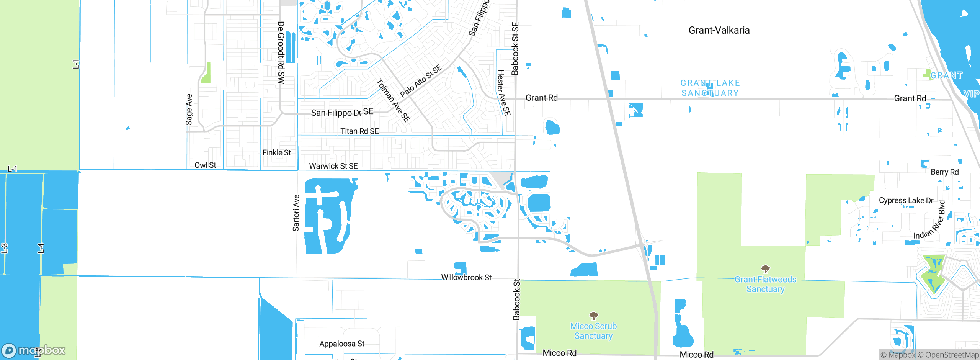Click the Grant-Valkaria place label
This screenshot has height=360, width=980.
[x=719, y=30]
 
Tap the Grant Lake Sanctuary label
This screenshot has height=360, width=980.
[x=710, y=88]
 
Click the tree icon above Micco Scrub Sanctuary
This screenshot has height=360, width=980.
[x=593, y=316]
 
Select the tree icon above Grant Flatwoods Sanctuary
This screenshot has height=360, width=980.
[x=765, y=269]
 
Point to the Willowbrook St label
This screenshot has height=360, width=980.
[x=466, y=277]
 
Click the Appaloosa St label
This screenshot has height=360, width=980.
[x=342, y=344]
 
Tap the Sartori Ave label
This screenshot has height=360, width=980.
[x=296, y=213]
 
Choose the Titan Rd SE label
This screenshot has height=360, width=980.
[x=359, y=131]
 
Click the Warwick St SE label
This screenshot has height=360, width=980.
[x=333, y=166]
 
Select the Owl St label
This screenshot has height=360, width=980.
[x=205, y=165]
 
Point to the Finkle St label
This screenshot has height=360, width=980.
[x=276, y=152]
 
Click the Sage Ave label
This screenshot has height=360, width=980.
[x=189, y=110]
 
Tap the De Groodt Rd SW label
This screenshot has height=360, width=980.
[x=281, y=53]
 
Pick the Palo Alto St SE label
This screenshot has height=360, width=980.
[x=421, y=81]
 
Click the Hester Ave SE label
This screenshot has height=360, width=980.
[x=503, y=93]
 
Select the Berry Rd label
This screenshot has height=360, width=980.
[x=944, y=172]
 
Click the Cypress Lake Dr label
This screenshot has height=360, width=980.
[x=906, y=200]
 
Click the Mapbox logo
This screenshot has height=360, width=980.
[x=34, y=350]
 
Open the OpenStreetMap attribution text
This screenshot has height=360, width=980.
[x=948, y=355]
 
